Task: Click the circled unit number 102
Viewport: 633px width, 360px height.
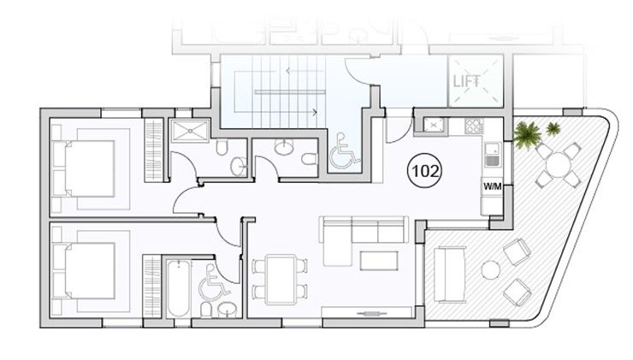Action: (425, 170)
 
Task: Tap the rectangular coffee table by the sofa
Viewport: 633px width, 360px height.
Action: (378, 259)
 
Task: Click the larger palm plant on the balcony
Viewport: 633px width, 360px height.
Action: (527, 134)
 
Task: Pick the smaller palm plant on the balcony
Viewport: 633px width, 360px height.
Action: (553, 129)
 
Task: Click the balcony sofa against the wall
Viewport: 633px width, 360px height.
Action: (449, 274)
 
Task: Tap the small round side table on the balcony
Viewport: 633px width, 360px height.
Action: (490, 270)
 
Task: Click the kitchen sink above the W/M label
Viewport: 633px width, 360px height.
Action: (493, 155)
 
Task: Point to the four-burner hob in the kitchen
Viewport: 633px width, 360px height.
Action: (473, 126)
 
